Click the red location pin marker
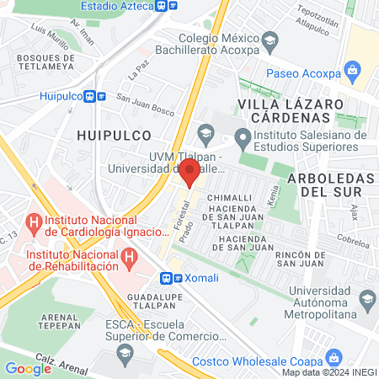190,172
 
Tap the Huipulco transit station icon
96,96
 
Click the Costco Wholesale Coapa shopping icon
334,357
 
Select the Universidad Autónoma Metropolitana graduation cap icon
367,299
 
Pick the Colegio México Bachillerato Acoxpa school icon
270,40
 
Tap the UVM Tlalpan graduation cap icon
206,133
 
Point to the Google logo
28,368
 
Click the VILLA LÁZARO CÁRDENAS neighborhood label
290,109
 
